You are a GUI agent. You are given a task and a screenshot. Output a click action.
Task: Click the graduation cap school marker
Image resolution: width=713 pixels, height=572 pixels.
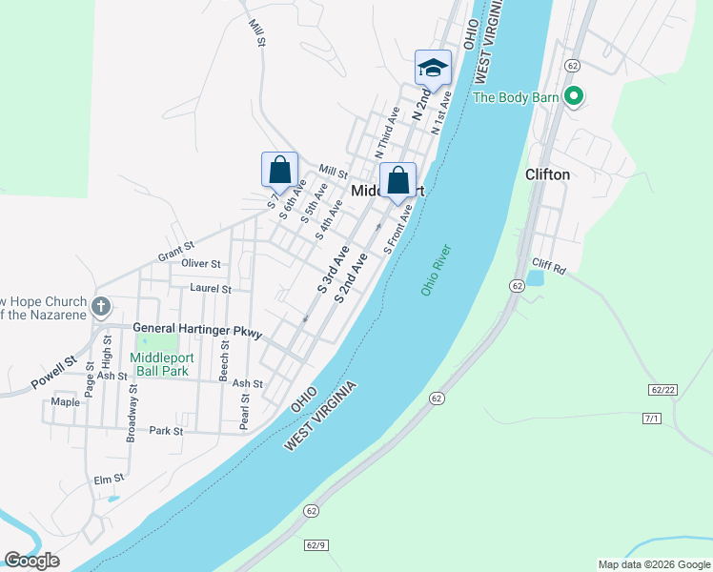pos(433,69)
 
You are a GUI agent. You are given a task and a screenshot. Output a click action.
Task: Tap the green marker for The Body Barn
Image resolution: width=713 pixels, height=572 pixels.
pos(574,96)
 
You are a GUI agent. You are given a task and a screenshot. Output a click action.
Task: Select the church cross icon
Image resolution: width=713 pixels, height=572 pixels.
pos(102,307)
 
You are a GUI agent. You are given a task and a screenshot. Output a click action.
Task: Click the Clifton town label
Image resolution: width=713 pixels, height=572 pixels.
pos(547,174)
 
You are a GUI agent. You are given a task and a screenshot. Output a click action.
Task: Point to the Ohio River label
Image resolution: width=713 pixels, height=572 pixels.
pos(435,270)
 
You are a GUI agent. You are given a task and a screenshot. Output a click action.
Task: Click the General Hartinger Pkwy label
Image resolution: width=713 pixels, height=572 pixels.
pos(196,328)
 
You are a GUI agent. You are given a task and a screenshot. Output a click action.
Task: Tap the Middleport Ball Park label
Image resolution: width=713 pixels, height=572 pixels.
pos(159,364)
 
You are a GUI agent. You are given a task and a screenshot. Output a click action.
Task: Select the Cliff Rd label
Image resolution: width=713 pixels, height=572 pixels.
pos(551,270)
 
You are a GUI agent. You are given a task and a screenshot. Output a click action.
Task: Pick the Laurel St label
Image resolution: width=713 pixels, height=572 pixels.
pos(210,288)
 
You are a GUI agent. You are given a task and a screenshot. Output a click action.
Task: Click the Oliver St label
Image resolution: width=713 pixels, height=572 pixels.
pos(201,263)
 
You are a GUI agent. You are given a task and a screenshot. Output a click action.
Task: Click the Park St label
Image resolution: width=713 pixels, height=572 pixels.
pos(166,431)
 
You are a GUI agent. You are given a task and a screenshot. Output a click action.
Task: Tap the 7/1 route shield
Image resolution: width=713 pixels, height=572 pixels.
pos(652,419)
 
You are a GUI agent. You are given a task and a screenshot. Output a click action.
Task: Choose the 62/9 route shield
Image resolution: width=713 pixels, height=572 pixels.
pos(317,545)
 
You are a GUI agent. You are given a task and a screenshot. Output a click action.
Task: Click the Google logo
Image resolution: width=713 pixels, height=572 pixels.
pos(31,561)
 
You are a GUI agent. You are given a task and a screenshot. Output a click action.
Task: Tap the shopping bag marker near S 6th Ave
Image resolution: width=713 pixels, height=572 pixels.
pos(279,170)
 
